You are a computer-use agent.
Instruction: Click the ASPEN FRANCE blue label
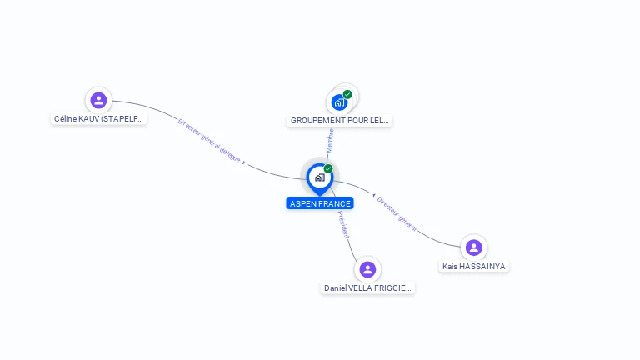coord(320,203)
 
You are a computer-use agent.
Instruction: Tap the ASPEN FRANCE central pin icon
coord(319,177)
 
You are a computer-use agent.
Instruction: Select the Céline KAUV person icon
coord(99,101)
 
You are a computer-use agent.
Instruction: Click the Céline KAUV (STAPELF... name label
coord(99,119)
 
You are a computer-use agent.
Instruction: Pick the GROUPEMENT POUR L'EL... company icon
coord(339,102)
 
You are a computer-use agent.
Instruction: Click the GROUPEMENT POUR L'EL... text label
coord(339,121)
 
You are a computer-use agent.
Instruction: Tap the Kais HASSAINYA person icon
coord(474,247)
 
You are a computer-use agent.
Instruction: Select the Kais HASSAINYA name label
coord(474,267)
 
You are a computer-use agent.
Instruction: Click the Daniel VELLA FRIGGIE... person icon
coord(367,269)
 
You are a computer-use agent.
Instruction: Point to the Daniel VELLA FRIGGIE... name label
coord(367,288)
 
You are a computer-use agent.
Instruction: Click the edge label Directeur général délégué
coord(209,139)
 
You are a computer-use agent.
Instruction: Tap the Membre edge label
coord(331,139)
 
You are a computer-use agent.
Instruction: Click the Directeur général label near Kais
coord(397,212)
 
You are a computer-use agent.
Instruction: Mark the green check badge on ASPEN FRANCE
coord(328,169)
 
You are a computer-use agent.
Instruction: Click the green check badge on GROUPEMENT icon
coord(347,94)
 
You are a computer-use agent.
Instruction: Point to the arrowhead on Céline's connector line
coord(243,163)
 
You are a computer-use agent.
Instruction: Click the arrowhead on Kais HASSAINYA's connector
coord(373,195)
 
